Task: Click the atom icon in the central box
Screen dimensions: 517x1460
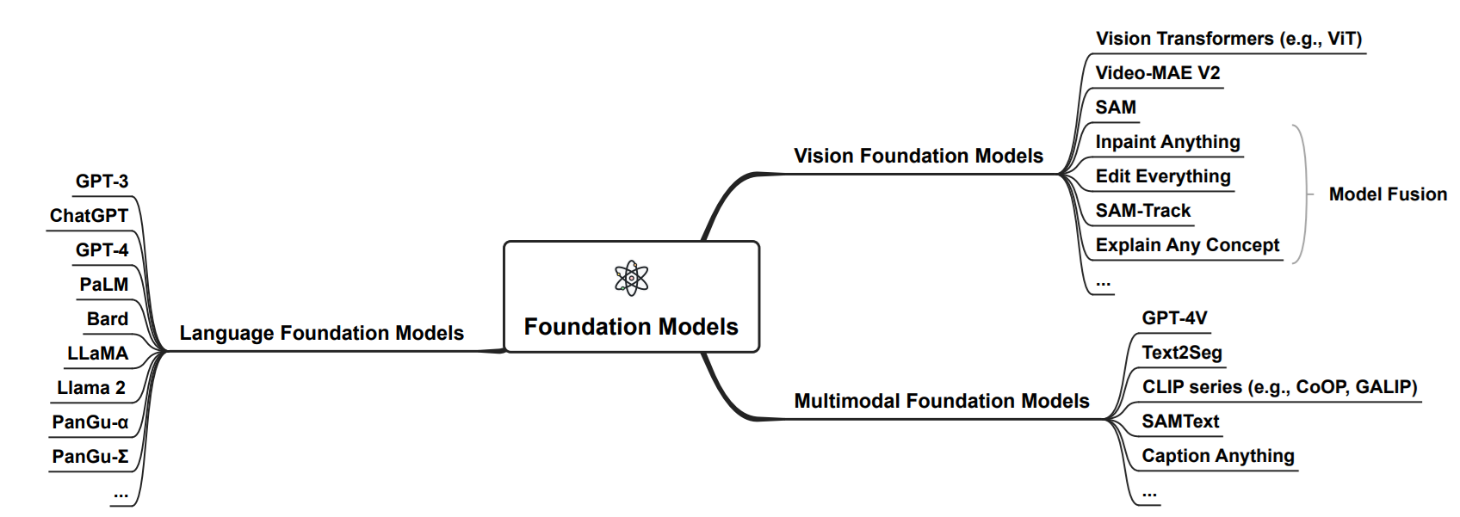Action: click(x=631, y=279)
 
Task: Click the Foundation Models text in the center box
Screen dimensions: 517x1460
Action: click(x=631, y=327)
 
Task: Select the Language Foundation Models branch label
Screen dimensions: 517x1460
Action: click(x=321, y=333)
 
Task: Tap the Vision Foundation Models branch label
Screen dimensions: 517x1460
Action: click(x=918, y=156)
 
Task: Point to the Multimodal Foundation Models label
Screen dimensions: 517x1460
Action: click(x=941, y=401)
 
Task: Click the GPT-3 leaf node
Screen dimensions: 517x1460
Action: click(x=102, y=182)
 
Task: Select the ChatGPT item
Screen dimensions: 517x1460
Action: click(x=89, y=216)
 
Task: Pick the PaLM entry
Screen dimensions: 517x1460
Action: click(x=103, y=285)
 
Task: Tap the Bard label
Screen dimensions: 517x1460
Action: click(x=107, y=319)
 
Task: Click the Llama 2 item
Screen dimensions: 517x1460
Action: click(x=91, y=388)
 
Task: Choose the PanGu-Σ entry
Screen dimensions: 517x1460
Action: click(x=90, y=457)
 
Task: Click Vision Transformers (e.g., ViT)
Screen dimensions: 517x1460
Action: click(x=1228, y=39)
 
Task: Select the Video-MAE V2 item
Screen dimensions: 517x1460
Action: click(x=1157, y=73)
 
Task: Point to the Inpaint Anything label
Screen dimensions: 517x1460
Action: click(x=1167, y=142)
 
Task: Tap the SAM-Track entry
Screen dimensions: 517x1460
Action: click(x=1142, y=211)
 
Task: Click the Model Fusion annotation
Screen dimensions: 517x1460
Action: click(x=1388, y=194)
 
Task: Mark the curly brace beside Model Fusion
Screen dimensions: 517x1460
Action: click(x=1302, y=194)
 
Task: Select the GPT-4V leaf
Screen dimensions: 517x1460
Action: click(x=1174, y=318)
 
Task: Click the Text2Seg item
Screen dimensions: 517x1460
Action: click(x=1181, y=353)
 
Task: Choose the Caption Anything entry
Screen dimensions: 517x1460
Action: click(x=1217, y=456)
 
